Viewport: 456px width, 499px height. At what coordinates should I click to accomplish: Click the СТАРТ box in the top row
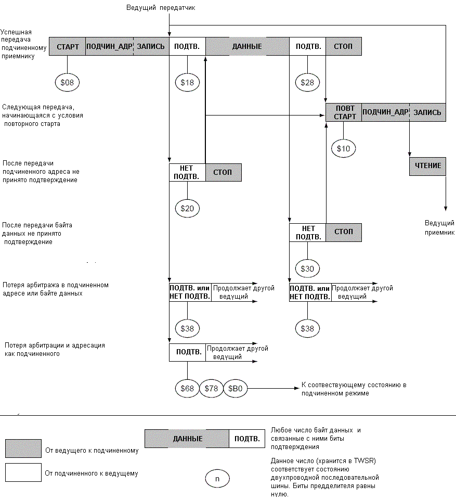(x=68, y=46)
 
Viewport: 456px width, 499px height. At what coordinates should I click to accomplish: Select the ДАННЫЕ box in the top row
(x=247, y=46)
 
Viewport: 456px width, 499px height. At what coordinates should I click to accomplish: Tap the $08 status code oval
(x=67, y=82)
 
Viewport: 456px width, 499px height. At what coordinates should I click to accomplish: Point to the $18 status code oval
(x=187, y=82)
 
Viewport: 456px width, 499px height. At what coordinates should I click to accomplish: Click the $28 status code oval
(x=307, y=82)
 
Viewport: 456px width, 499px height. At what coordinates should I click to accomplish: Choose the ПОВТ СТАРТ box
(x=344, y=112)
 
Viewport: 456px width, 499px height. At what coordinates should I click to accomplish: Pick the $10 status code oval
(x=344, y=148)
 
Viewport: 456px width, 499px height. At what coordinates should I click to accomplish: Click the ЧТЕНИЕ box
(x=427, y=166)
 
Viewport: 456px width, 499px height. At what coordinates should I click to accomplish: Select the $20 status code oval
(x=187, y=209)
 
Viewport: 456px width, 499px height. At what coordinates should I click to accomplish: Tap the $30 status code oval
(x=307, y=268)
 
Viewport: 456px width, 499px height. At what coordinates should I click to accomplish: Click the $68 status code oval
(x=187, y=389)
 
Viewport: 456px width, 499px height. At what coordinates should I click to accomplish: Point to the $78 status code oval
(x=212, y=389)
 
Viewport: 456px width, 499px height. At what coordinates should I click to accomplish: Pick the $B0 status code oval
(x=236, y=389)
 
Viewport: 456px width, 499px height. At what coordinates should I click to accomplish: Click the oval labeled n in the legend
(x=217, y=479)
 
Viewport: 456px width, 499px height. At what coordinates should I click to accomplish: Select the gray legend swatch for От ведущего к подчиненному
(x=23, y=449)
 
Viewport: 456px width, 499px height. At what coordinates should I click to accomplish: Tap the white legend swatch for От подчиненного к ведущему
(x=23, y=472)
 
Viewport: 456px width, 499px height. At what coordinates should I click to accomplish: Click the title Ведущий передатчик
(x=161, y=8)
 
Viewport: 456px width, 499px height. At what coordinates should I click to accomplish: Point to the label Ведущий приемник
(x=439, y=227)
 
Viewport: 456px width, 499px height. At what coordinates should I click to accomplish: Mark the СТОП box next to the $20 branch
(x=224, y=172)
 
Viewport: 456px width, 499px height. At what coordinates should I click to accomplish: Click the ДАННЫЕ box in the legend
(x=187, y=439)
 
